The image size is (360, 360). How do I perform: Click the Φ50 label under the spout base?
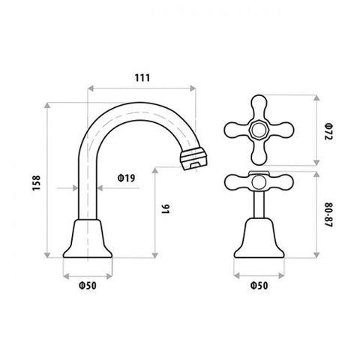point(88,284)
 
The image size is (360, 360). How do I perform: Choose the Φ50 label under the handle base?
point(259,284)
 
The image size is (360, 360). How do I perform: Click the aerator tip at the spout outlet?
point(193,158)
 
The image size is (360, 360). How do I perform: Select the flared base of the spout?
point(88,238)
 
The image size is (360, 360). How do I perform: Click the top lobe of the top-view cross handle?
point(259,103)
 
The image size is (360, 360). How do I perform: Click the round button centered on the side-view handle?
point(259,181)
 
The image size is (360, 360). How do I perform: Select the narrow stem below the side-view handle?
point(259,204)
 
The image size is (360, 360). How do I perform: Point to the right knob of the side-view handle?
point(284,180)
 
